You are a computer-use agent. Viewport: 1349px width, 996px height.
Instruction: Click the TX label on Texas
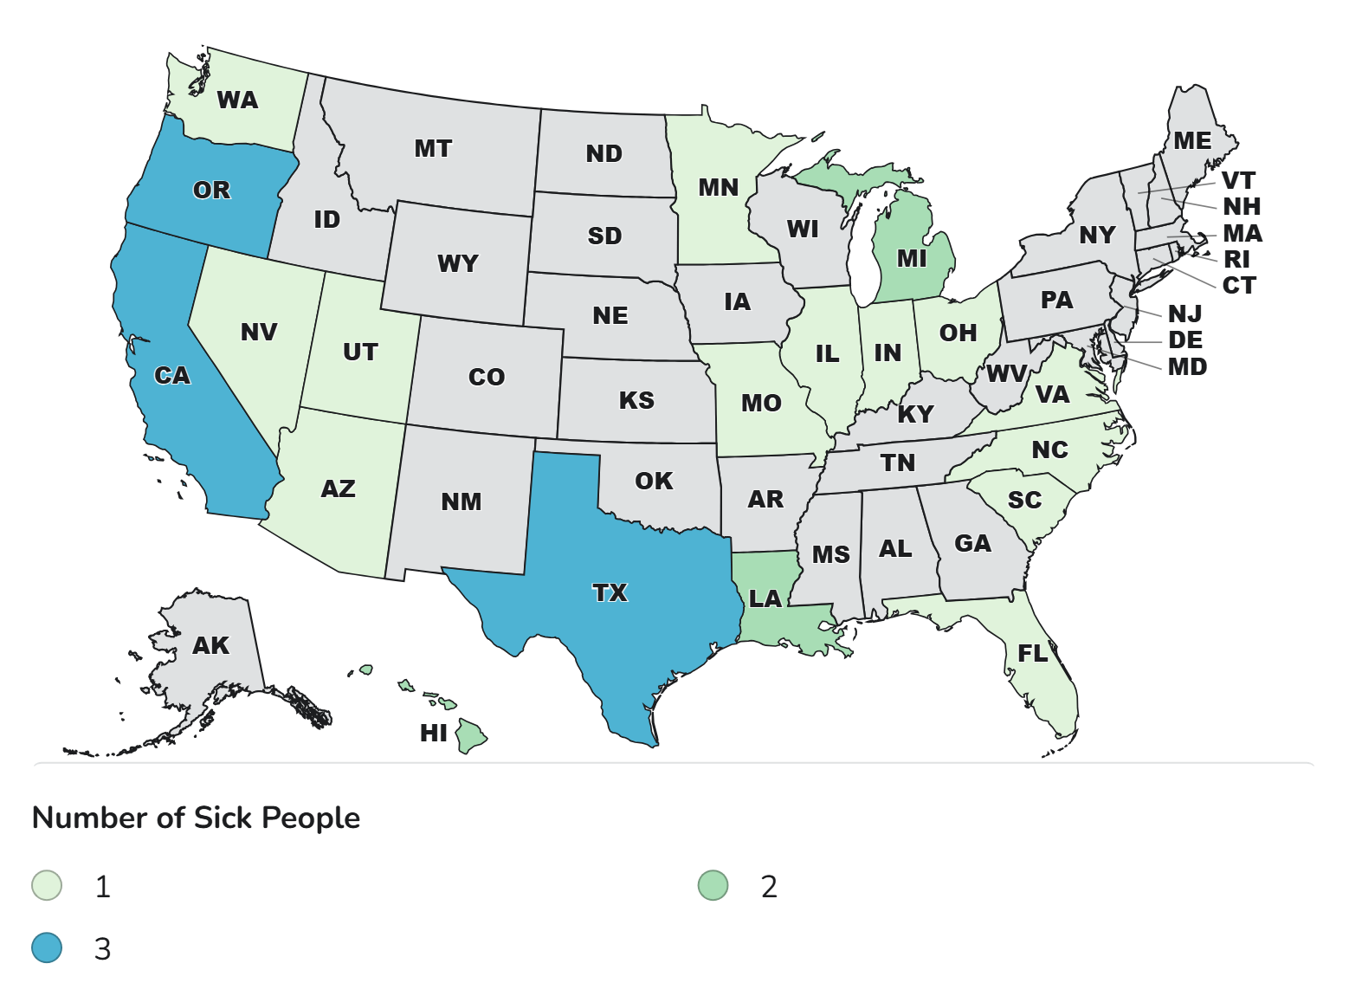pos(610,592)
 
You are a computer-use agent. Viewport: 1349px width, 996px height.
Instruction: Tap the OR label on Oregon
pos(211,190)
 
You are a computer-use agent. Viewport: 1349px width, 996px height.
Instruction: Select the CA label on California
pos(171,375)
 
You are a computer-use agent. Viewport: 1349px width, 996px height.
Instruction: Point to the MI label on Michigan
pos(912,258)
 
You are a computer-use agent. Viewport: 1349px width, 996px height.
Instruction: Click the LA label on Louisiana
pos(765,598)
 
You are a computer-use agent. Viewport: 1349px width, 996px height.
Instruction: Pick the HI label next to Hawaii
pos(434,733)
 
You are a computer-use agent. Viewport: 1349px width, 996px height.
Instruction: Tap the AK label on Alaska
pos(210,645)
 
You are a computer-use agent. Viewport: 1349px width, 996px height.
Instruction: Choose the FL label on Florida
pos(1033,653)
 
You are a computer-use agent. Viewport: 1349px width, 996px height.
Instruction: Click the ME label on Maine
pos(1192,140)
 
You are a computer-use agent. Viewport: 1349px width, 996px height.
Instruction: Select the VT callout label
pos(1238,180)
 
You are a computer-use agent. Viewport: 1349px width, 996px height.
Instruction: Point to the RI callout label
pos(1236,259)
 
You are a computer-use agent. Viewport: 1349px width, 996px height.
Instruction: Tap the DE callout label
pos(1185,340)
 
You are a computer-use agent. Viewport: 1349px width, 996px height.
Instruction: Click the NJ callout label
pos(1184,314)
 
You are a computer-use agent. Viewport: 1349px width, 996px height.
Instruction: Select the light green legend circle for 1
pos(47,886)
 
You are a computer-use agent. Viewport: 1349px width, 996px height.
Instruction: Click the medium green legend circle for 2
pos(713,886)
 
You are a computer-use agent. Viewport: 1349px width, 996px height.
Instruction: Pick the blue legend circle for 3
pos(47,948)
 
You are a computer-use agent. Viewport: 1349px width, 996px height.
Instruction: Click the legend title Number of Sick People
pos(196,818)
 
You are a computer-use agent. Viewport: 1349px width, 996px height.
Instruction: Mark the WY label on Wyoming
pos(457,263)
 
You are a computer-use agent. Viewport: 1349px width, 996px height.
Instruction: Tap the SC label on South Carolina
pos(1024,500)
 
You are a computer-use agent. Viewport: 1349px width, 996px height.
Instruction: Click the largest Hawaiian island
pos(472,736)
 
